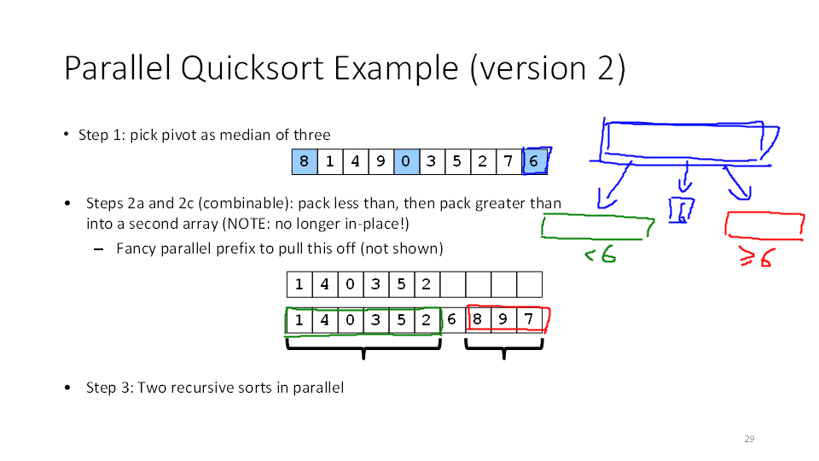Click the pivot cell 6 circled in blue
tap(534, 161)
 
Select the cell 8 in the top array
tap(305, 161)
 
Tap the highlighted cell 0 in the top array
tap(406, 161)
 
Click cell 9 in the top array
tap(380, 161)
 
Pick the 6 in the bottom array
tap(452, 320)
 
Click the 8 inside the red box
tap(478, 320)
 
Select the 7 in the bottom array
tap(529, 320)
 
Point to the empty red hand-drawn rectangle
tap(764, 224)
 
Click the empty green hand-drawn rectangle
tap(597, 227)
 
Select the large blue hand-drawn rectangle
tap(682, 141)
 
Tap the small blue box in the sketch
tap(681, 210)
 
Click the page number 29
tap(749, 439)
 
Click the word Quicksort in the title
tap(253, 68)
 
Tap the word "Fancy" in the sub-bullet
tap(136, 248)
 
